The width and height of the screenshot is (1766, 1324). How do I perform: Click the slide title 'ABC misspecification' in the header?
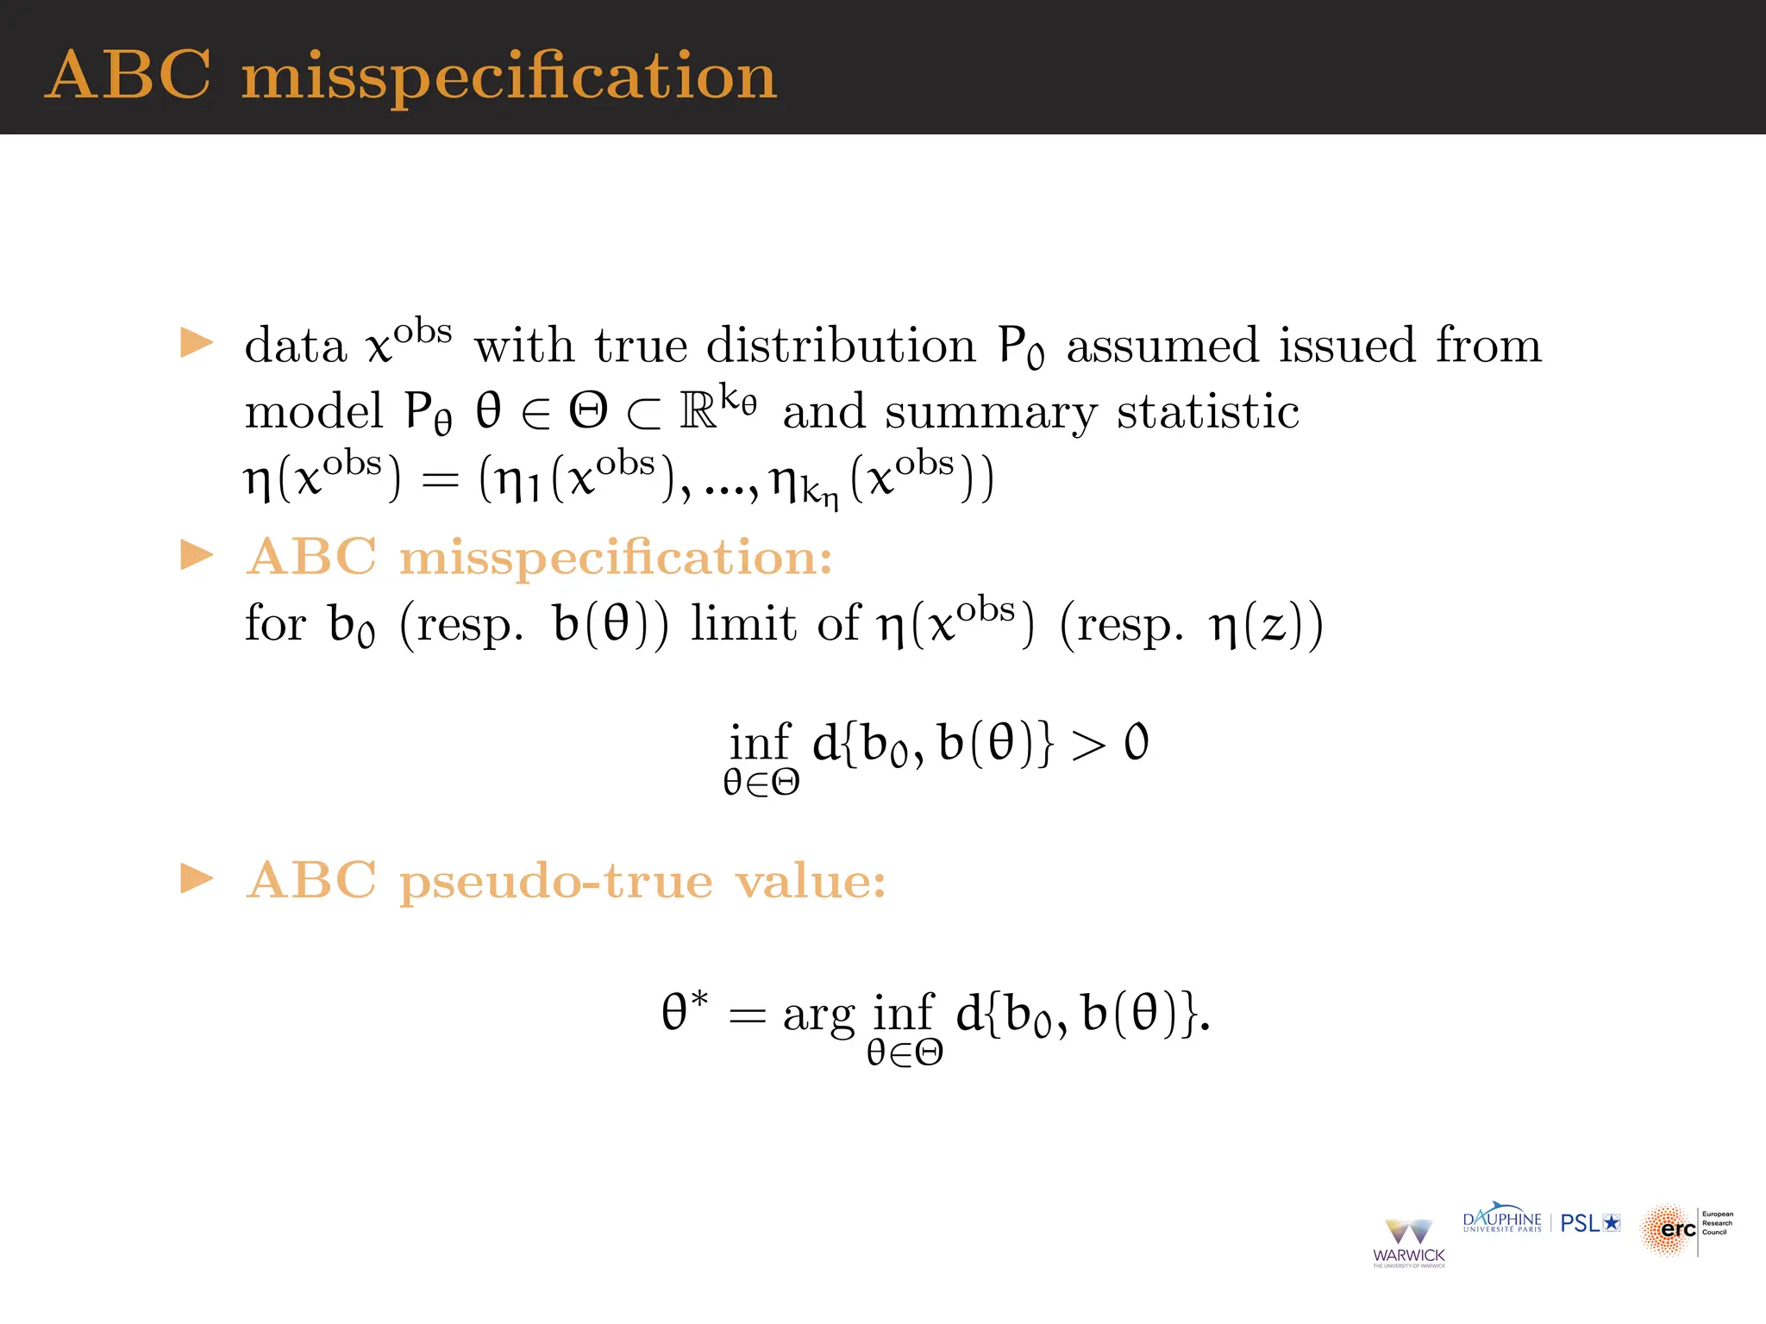pyautogui.click(x=411, y=76)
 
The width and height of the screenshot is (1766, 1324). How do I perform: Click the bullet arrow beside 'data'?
pyautogui.click(x=197, y=342)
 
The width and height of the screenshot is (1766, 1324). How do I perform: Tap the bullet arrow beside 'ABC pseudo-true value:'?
pyautogui.click(x=197, y=879)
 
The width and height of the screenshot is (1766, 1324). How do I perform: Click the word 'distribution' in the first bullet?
pyautogui.click(x=841, y=345)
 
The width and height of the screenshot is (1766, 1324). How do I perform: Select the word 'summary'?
pyautogui.click(x=991, y=412)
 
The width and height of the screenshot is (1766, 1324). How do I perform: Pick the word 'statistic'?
pyautogui.click(x=1208, y=411)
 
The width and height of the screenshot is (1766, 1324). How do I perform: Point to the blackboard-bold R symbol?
pyautogui.click(x=698, y=411)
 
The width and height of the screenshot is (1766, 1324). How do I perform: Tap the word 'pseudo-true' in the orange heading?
pyautogui.click(x=556, y=881)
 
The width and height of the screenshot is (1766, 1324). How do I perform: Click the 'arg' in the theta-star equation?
pyautogui.click(x=818, y=1015)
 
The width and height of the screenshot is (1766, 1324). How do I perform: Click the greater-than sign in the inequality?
pyautogui.click(x=1087, y=744)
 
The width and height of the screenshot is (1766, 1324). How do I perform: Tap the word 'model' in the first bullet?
pyautogui.click(x=313, y=411)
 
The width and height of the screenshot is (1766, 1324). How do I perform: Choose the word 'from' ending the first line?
pyautogui.click(x=1488, y=345)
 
